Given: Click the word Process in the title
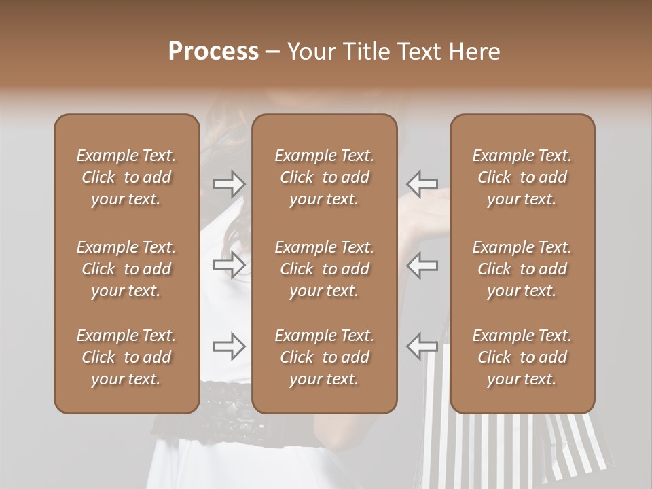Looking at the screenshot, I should point(213,52).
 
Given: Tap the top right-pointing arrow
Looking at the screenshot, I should point(230,183).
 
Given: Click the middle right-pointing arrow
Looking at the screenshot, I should point(230,265).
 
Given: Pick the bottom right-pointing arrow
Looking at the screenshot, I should point(230,346).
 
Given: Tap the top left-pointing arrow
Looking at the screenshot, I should point(422,183).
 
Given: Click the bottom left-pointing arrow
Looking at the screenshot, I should point(422,346).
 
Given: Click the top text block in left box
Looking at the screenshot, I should point(126,177).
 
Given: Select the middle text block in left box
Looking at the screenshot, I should point(126,269).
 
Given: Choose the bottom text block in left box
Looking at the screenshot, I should point(126,357).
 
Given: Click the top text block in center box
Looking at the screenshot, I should point(324,177).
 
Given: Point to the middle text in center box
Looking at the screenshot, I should point(324,269).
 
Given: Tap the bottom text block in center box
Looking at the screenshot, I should point(324,357).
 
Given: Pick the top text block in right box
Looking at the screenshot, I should point(522,177).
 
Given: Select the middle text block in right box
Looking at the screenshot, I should point(522,269).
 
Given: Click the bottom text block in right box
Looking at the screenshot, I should point(522,357).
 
